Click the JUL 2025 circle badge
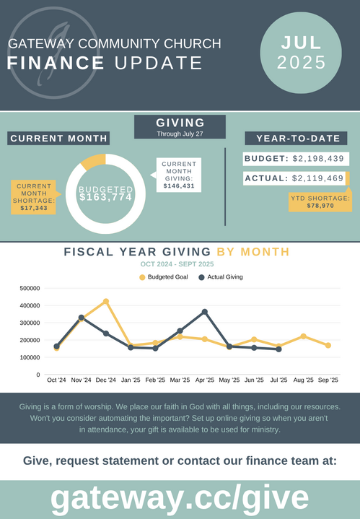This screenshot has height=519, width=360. [x=301, y=53]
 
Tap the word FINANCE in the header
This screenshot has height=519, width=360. [x=56, y=63]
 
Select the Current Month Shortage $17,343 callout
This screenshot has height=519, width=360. [x=33, y=197]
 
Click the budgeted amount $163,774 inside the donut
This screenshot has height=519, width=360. [x=105, y=197]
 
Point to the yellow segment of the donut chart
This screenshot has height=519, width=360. [x=92, y=160]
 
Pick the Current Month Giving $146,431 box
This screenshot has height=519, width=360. [x=179, y=175]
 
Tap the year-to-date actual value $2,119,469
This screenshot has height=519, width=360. [x=317, y=178]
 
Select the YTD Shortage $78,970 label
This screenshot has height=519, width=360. [x=320, y=202]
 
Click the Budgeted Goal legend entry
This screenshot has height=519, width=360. [x=164, y=277]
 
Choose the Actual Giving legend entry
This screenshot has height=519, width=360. [x=221, y=277]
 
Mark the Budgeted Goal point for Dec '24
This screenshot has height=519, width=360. [x=106, y=302]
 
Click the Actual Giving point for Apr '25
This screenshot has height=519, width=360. [x=205, y=312]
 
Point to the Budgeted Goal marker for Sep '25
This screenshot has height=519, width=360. [x=328, y=345]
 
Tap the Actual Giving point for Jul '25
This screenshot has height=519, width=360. [x=279, y=349]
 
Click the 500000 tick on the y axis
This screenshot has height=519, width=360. [x=30, y=288]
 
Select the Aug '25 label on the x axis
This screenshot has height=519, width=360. [x=303, y=380]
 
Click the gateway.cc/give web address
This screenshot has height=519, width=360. [x=180, y=498]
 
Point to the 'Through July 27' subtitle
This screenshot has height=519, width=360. [x=180, y=134]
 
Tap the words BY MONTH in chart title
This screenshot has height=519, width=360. [x=253, y=252]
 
